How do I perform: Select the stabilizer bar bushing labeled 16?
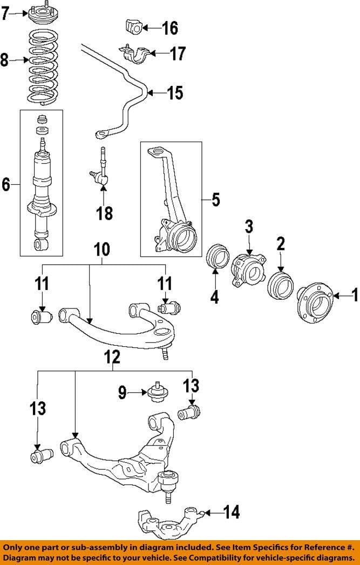[133, 26]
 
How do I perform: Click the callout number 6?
[6, 185]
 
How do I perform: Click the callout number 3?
[249, 226]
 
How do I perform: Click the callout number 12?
[112, 357]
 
